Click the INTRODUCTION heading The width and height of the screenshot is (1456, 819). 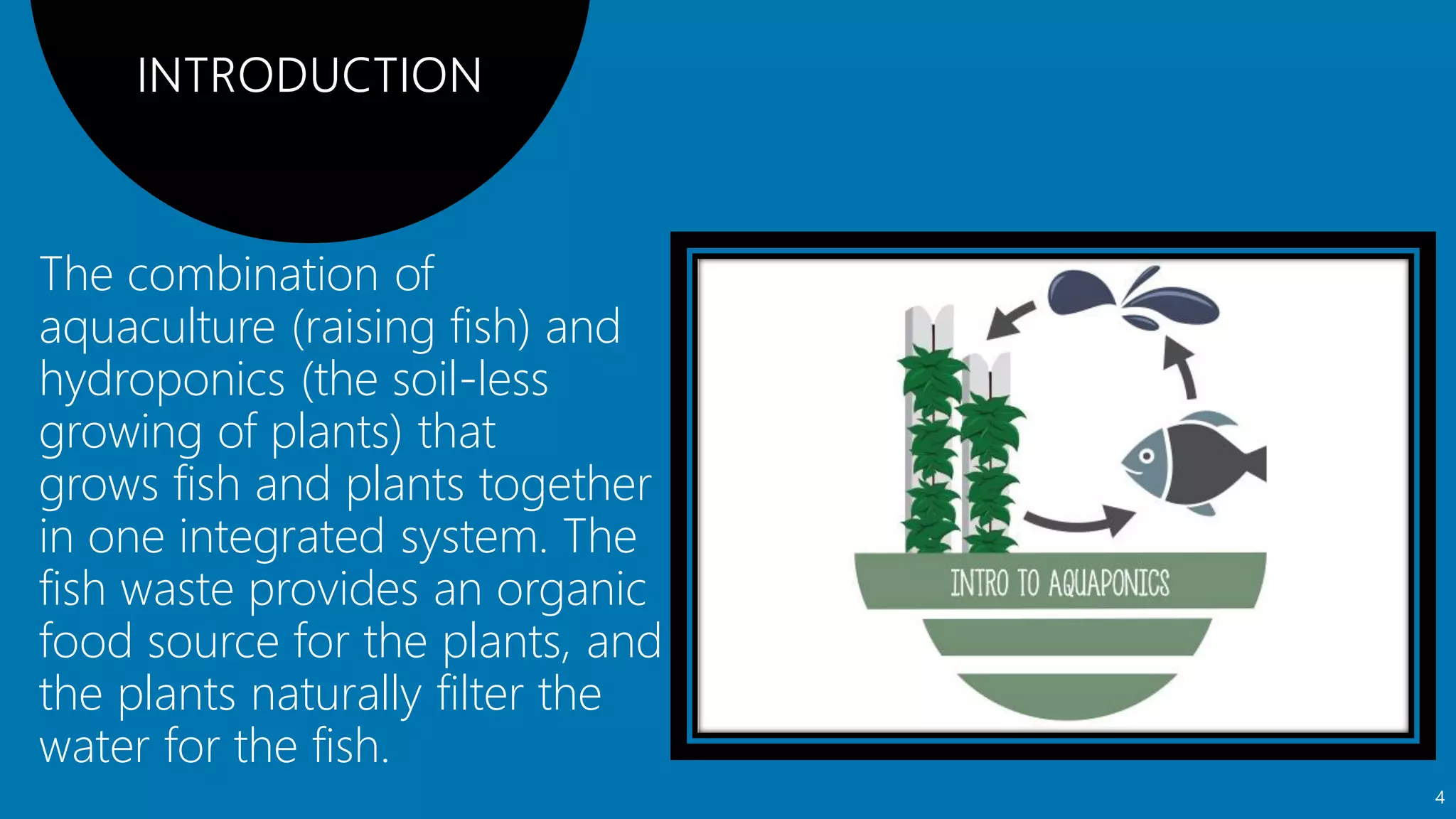click(309, 75)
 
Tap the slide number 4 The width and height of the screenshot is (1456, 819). click(1440, 798)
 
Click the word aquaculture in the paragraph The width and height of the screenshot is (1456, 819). click(157, 328)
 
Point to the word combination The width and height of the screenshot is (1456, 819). click(252, 274)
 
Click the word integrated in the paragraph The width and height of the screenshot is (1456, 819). click(282, 537)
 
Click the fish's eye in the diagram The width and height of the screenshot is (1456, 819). click(1146, 456)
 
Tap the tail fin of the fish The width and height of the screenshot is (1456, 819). click(1252, 464)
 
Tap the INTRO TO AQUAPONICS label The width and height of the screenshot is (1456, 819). click(1059, 583)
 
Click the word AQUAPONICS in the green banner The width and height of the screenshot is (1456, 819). click(1108, 583)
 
